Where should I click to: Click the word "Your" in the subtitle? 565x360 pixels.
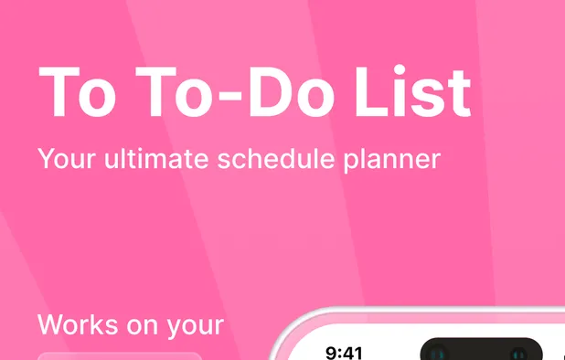tap(67, 159)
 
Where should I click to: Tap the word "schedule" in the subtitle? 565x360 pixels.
tap(291, 159)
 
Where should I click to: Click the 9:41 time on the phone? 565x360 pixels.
tap(345, 353)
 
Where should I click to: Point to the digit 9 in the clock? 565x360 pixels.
tap(332, 353)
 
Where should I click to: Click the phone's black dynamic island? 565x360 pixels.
tap(480, 351)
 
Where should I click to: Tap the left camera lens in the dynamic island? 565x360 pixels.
tap(437, 353)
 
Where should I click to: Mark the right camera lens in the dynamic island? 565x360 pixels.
tap(523, 353)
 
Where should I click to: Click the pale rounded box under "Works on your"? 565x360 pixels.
tap(119, 355)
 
